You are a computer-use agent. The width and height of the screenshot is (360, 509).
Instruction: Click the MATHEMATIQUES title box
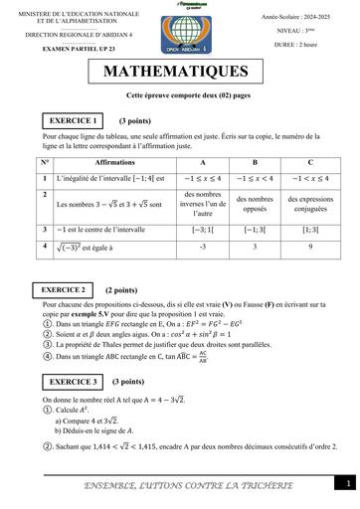coord(180,72)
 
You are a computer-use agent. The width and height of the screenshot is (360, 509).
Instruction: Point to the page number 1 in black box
coord(349,483)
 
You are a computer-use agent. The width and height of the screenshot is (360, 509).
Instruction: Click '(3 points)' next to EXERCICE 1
coord(134,120)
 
